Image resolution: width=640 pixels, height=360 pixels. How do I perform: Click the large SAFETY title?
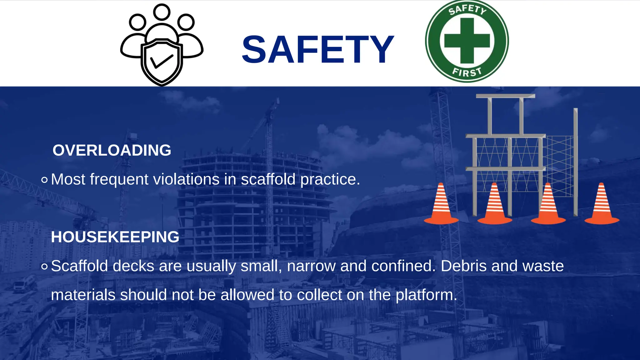coord(317,50)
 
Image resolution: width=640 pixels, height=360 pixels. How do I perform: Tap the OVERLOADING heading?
coord(112,150)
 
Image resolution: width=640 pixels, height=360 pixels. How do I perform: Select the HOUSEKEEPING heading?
coord(115,237)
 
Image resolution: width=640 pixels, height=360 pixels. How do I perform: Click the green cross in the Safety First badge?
coord(467,41)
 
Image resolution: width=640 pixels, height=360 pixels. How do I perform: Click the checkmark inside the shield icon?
coord(162,61)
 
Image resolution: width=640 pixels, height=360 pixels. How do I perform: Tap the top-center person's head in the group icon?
coord(162,12)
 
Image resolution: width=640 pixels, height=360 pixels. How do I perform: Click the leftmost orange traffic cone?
coord(441,205)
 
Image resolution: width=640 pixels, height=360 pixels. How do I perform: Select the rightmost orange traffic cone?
coord(602,205)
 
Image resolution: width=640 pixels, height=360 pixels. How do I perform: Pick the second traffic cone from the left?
coord(494,205)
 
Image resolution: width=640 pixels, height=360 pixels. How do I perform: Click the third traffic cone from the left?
coord(548,205)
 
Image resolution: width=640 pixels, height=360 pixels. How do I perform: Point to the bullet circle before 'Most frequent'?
coord(44,180)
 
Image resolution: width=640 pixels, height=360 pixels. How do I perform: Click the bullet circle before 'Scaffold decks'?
coord(44,267)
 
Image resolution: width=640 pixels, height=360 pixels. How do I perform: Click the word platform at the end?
coord(426,295)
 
